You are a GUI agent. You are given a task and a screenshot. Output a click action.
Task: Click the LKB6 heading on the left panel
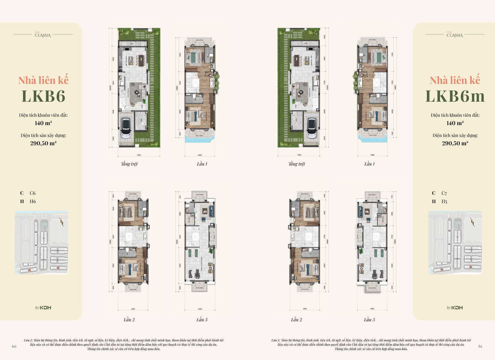(x=43, y=96)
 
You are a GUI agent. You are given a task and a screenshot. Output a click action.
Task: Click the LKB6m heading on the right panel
(x=455, y=96)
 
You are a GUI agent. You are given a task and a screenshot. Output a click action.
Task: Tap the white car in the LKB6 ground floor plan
(x=126, y=128)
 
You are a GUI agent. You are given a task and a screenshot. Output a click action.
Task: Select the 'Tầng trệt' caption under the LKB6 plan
(x=129, y=164)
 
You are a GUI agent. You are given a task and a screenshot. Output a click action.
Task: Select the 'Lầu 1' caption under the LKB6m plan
(x=369, y=164)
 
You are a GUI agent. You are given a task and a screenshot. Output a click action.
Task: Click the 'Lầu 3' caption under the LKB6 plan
(x=202, y=319)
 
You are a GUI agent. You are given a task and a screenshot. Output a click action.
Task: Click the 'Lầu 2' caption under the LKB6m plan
(x=296, y=319)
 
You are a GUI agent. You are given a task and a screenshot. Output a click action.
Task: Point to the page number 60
(x=14, y=346)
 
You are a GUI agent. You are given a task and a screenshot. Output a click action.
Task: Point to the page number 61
(x=480, y=346)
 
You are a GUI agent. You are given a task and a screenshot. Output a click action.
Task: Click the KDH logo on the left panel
(x=43, y=307)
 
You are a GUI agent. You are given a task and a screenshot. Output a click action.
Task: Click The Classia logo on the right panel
(x=454, y=35)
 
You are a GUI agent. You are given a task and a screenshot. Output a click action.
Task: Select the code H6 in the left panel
(x=33, y=201)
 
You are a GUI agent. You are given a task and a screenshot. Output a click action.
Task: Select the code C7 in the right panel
(x=444, y=193)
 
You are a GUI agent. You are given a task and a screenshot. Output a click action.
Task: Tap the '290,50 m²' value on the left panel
(x=43, y=143)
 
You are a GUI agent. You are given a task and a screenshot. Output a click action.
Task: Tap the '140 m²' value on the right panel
(x=455, y=123)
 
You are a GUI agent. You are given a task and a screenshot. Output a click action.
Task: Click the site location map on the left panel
(x=41, y=242)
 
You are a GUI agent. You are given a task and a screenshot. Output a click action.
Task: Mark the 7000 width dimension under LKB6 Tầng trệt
(x=139, y=155)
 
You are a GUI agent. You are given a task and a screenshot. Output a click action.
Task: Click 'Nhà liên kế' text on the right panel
(x=455, y=80)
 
